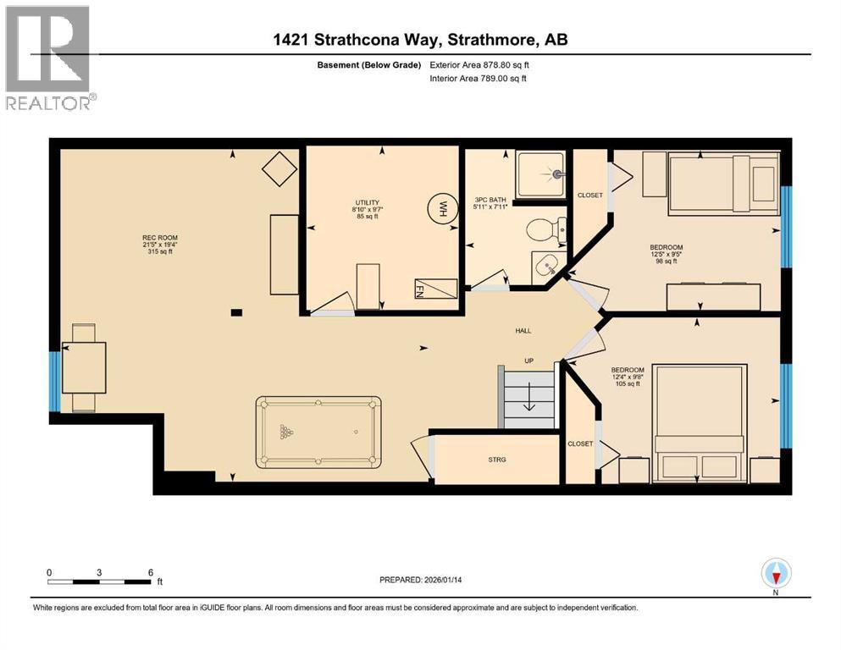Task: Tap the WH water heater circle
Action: coord(440,207)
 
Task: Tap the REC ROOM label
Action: coord(158,238)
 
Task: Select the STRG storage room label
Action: coord(497,460)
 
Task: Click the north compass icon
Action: coord(776,573)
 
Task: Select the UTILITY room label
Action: coord(367,203)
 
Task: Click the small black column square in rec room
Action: coord(236,312)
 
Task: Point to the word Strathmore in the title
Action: coord(495,40)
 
